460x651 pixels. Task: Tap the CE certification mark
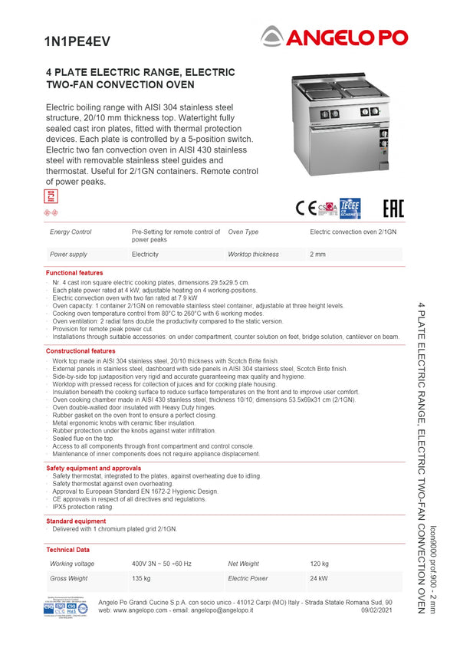click(x=306, y=208)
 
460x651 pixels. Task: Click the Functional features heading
click(x=74, y=273)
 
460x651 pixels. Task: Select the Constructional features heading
click(x=80, y=351)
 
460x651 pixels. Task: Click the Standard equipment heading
click(x=76, y=521)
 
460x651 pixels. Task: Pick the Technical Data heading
click(x=68, y=550)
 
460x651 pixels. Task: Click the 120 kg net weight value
click(x=319, y=564)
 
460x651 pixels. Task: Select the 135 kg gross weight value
click(x=140, y=578)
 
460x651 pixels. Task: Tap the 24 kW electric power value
click(x=319, y=578)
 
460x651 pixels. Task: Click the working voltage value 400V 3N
click(x=162, y=564)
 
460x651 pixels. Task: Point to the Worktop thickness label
click(x=253, y=254)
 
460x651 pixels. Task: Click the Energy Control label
click(x=71, y=232)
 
